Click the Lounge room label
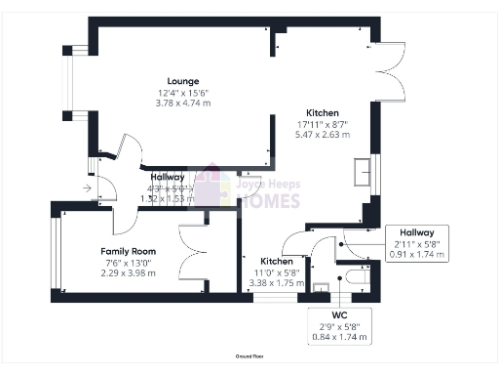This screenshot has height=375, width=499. [182, 81]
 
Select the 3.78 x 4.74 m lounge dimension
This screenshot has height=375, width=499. [182, 102]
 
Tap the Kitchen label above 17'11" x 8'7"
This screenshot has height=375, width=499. [324, 113]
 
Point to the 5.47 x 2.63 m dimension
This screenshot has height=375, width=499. [324, 135]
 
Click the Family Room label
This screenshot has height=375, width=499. [129, 251]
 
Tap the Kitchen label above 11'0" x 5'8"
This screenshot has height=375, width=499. [277, 262]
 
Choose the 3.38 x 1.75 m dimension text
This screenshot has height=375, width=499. [277, 282]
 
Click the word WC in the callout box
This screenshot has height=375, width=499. [338, 316]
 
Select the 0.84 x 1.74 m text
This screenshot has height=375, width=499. [338, 337]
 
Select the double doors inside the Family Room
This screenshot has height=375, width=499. [195, 239]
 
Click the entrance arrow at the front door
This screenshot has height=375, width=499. [88, 187]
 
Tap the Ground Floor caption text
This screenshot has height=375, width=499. [250, 358]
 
